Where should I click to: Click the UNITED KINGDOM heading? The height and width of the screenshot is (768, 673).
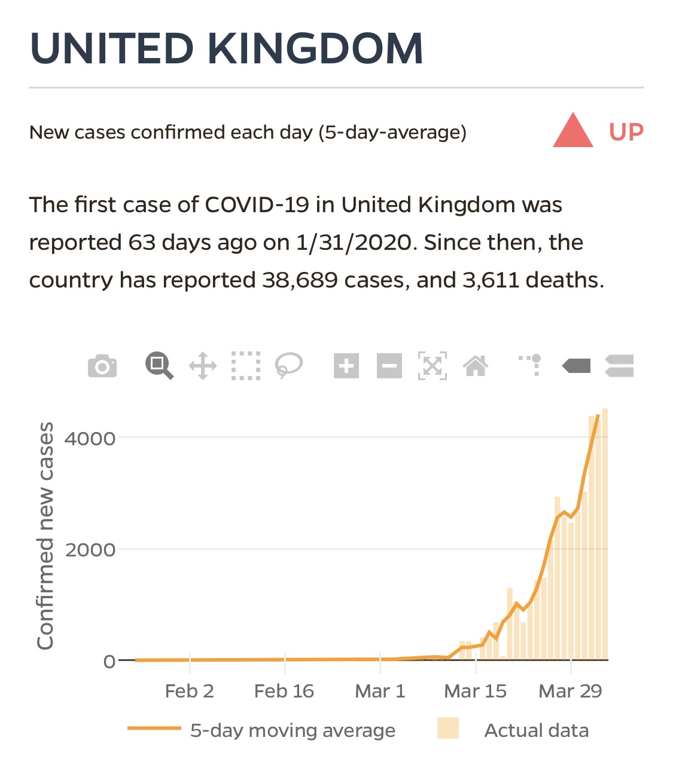tap(226, 48)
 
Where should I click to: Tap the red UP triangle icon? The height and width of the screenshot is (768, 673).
tap(572, 131)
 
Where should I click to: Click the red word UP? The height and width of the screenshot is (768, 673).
tap(626, 132)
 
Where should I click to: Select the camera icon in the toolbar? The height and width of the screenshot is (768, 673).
tap(102, 366)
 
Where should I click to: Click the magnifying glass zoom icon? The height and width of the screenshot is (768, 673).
tap(159, 366)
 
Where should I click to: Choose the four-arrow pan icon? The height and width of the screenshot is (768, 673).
tap(203, 366)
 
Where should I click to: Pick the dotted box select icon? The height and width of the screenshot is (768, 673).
tap(246, 366)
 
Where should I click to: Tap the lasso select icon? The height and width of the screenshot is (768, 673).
tap(288, 366)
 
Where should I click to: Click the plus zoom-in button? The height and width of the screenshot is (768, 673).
tap(346, 366)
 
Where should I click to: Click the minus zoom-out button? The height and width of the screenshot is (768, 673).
tap(389, 366)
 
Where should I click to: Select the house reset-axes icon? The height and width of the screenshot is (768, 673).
tap(476, 366)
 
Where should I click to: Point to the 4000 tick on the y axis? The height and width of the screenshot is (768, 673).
tap(90, 439)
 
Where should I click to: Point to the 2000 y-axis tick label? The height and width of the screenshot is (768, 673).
tap(90, 550)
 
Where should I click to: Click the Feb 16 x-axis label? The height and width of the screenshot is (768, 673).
tap(284, 691)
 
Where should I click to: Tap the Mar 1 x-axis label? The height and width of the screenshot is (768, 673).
tap(380, 691)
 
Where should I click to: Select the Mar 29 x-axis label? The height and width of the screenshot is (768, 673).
tap(570, 691)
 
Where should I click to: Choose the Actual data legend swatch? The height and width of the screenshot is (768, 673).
tap(448, 729)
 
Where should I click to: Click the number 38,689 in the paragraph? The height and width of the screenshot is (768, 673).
tap(300, 280)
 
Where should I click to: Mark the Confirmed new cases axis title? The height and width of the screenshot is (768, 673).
tap(45, 536)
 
